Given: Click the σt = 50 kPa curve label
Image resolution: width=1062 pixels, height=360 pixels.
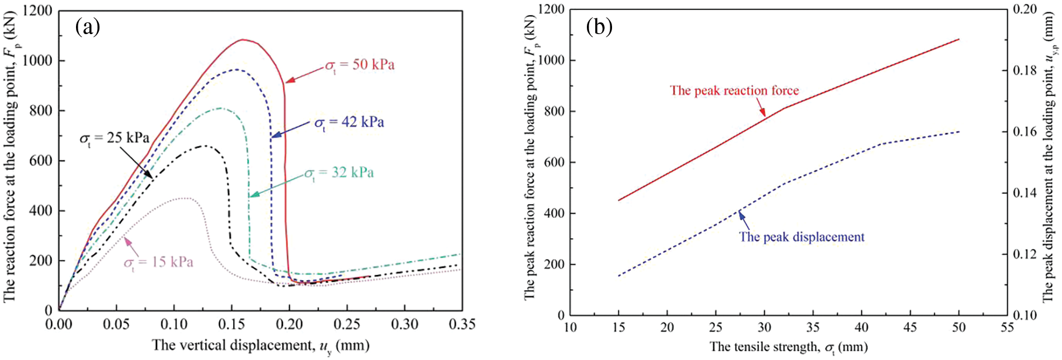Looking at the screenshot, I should (x=360, y=65).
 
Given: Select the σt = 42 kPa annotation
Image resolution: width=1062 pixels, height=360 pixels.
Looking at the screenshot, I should (x=349, y=122).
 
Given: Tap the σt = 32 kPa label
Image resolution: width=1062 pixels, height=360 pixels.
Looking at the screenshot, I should (x=339, y=173).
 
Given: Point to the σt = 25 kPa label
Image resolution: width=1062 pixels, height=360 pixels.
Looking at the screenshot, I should (x=114, y=138).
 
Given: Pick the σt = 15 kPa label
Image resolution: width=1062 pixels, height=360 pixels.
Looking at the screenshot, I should (x=158, y=262).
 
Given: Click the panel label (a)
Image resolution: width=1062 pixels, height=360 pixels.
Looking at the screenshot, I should (x=88, y=26).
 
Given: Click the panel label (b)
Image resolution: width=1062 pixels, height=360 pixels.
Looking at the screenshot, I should (x=599, y=26).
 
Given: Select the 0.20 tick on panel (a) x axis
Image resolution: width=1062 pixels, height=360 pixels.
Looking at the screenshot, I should (x=290, y=325).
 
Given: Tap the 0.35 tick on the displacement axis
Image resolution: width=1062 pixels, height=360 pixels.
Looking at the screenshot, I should (x=462, y=325).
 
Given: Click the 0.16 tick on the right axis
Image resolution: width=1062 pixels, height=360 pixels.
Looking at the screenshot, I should (x=1025, y=132).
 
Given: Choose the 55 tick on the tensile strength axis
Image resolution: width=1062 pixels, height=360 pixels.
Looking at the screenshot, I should (x=1007, y=328).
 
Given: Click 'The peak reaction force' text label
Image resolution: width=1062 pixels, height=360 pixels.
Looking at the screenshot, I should (x=734, y=91).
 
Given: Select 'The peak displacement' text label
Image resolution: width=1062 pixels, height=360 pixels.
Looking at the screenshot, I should (x=802, y=237).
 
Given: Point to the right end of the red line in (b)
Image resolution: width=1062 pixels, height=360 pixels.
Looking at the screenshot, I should (x=959, y=39).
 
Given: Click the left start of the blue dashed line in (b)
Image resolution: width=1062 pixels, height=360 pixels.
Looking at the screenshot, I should (x=619, y=276).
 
